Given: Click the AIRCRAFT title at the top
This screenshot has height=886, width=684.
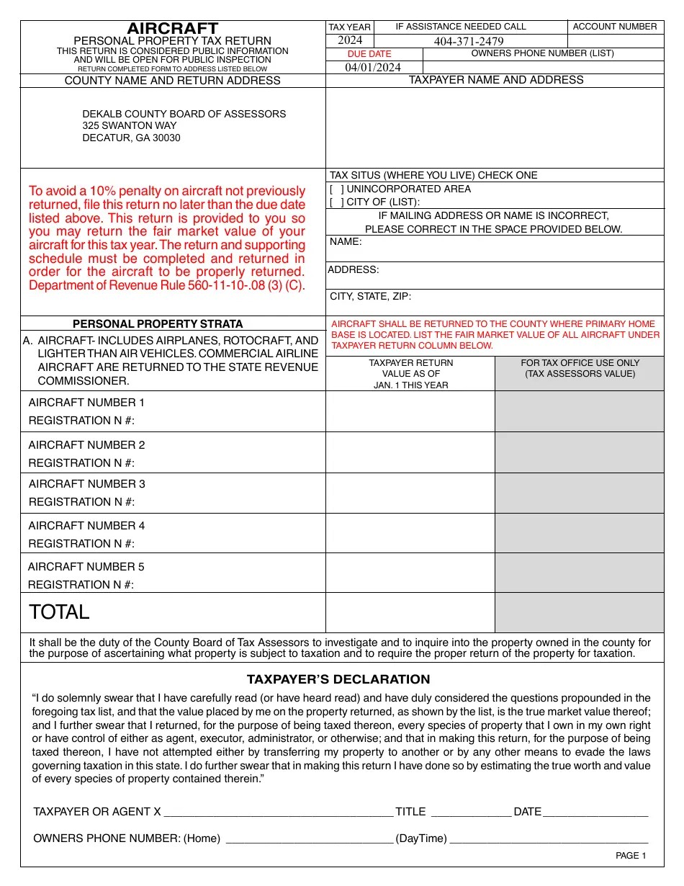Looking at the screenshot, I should pos(173,29).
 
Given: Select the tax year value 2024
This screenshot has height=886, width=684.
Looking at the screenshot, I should pos(350,40).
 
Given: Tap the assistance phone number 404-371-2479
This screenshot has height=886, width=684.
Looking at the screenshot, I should pos(469,41).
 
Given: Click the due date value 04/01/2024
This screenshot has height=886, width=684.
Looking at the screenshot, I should pos(373,67).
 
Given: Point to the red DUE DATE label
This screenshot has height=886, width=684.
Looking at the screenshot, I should pos(369,54).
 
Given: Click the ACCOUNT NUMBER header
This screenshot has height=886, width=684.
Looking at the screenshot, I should pos(615,27).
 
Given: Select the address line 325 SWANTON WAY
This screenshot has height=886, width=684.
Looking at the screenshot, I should pos(130,125).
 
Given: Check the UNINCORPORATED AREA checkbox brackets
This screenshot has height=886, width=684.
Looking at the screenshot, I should pos(337,189).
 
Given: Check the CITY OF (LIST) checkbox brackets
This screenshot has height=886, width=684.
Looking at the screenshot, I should pos(337,202).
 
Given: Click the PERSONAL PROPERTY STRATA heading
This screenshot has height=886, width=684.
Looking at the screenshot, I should pos(158,324).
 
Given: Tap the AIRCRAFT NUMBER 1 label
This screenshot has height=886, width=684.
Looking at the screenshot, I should pos(86,403).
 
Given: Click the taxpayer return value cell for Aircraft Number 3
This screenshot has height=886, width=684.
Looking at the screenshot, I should pos(410,493).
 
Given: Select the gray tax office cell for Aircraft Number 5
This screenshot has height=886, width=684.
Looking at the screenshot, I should pos(579,573).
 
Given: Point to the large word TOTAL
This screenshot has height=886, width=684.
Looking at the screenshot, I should pos(59,612).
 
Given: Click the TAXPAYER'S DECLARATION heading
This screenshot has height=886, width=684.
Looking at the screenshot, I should pos(338,679).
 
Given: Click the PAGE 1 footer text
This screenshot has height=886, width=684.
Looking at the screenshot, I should pos(631,856).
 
